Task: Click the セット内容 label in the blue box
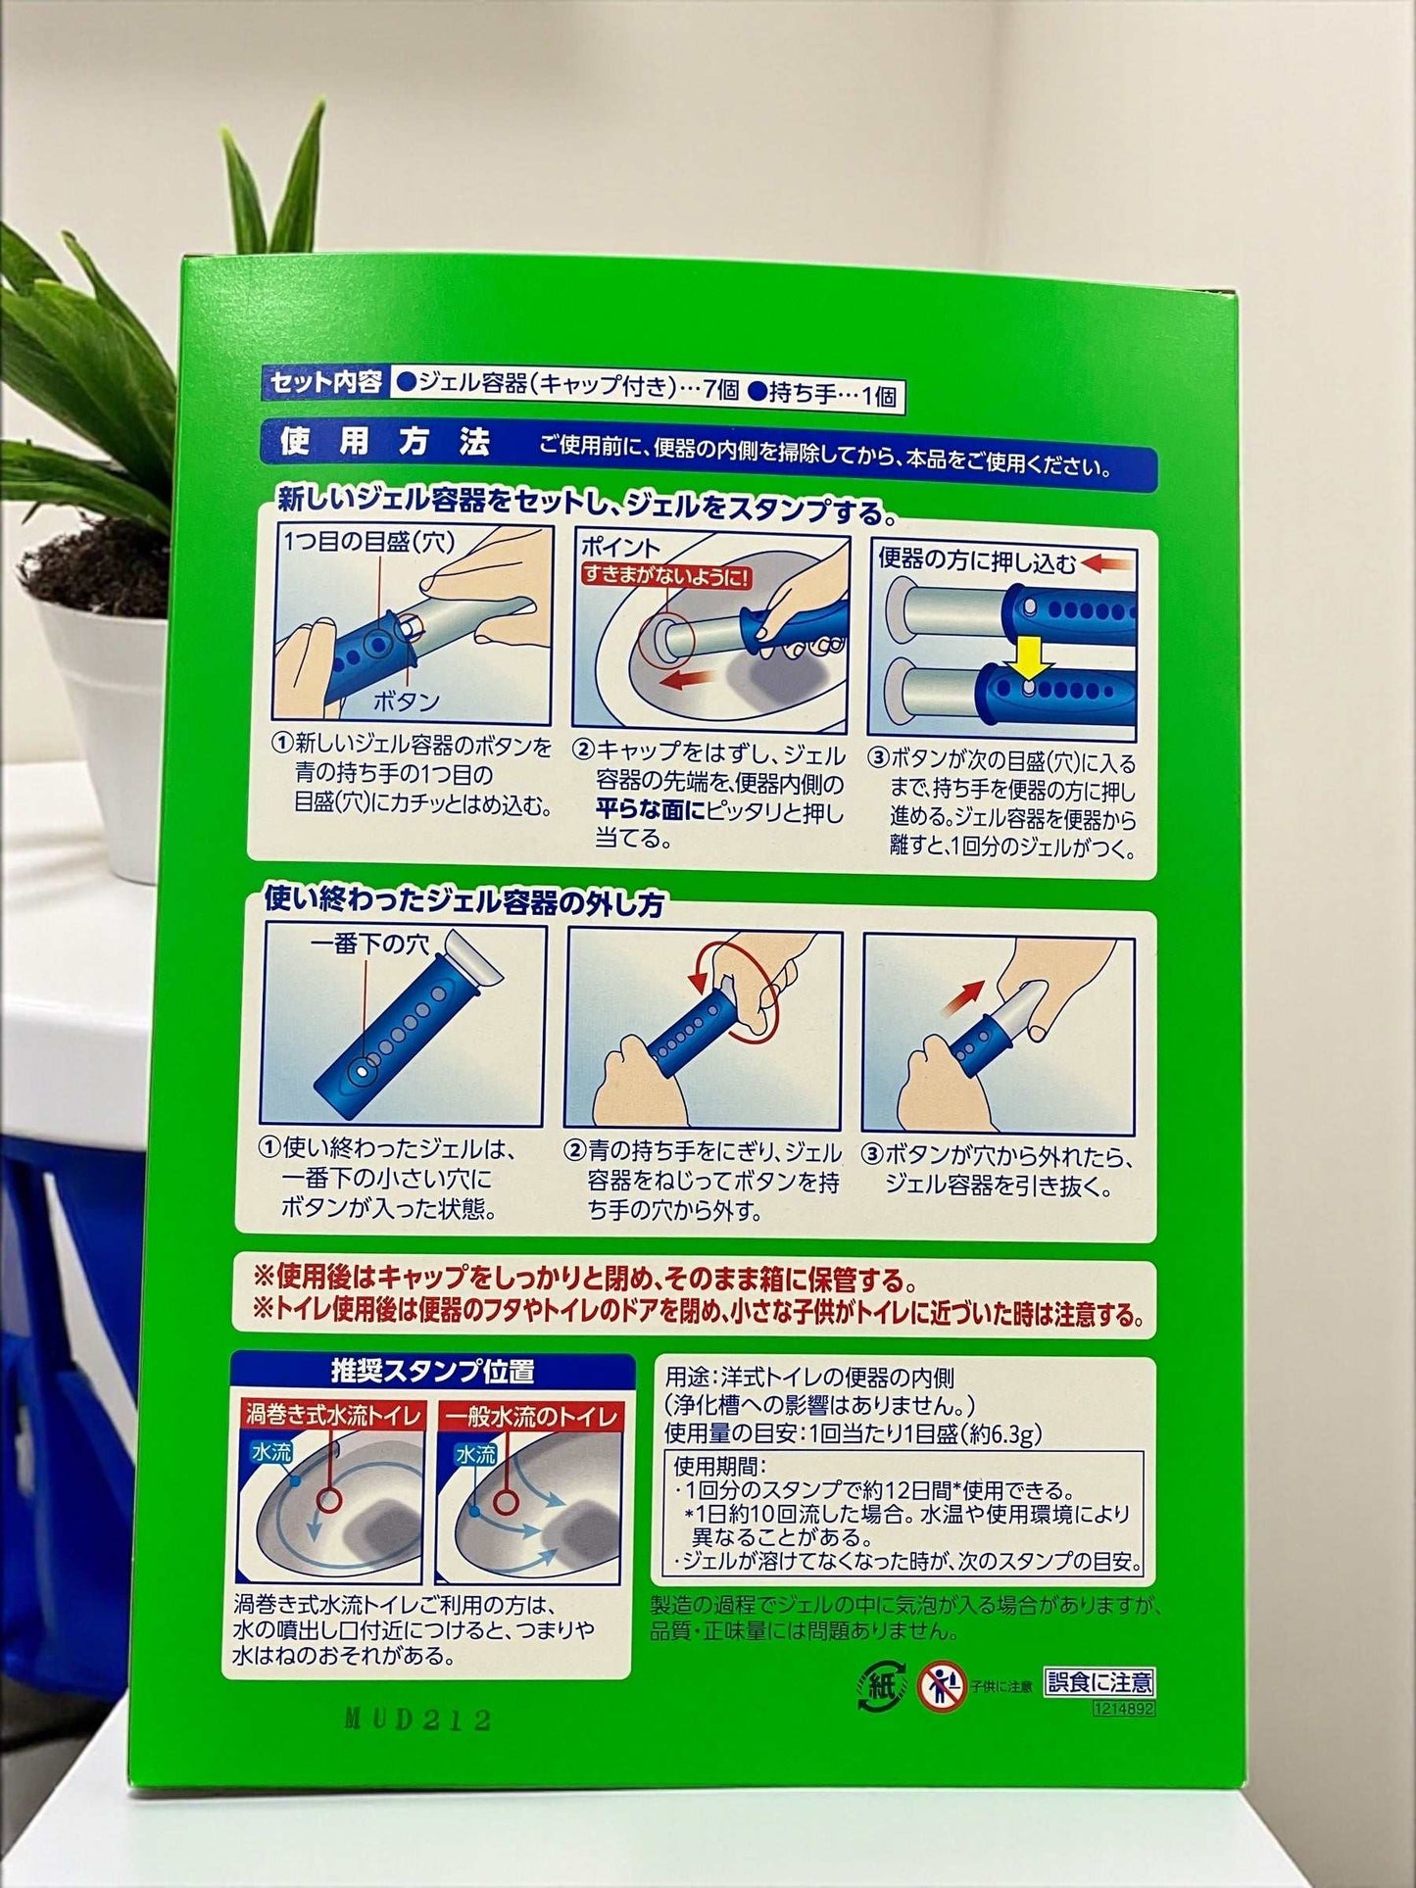point(324,383)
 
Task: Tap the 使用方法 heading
point(384,443)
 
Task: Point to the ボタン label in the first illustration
point(406,702)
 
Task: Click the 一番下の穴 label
point(370,944)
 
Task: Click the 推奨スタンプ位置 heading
point(431,1371)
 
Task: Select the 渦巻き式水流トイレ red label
point(333,1417)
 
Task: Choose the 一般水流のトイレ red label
point(531,1417)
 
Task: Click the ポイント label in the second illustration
point(620,548)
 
